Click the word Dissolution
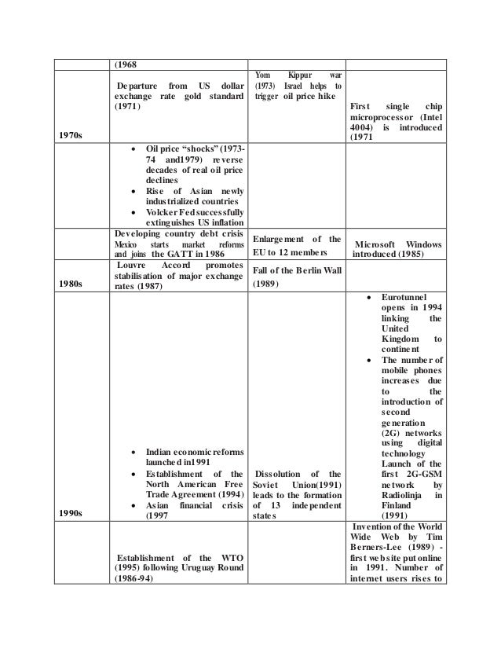pyautogui.click(x=279, y=473)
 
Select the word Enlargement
pyautogui.click(x=285, y=239)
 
